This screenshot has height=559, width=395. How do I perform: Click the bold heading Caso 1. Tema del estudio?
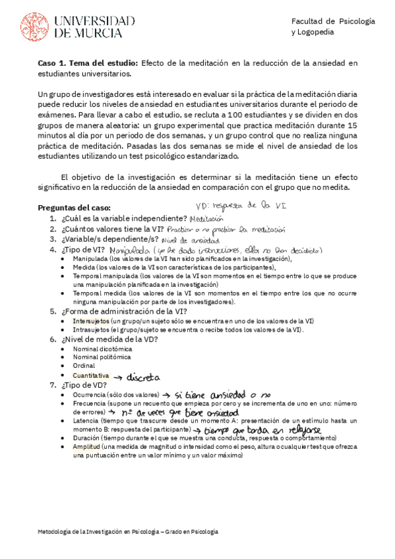click(x=88, y=63)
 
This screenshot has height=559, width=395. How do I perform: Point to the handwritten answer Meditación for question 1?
click(x=206, y=218)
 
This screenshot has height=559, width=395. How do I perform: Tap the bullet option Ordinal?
click(x=84, y=365)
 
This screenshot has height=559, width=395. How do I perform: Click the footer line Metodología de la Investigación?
click(x=128, y=531)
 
